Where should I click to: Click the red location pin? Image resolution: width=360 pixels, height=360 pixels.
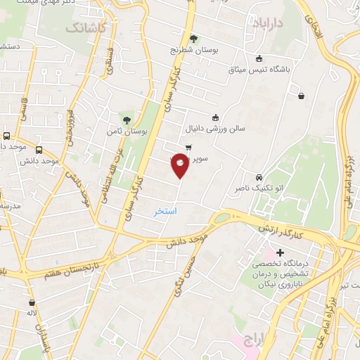181,165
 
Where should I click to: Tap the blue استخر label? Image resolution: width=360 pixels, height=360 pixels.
165,211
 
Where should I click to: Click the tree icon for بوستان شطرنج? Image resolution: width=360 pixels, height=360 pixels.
194,38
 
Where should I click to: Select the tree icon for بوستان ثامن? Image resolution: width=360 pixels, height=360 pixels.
127,120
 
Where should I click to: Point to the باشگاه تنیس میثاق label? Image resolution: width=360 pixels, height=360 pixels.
259,70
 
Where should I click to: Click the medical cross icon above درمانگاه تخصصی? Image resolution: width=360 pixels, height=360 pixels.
280,252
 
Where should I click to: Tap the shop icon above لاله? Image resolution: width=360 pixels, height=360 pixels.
31,302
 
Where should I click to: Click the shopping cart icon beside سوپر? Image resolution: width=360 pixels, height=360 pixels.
188,147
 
